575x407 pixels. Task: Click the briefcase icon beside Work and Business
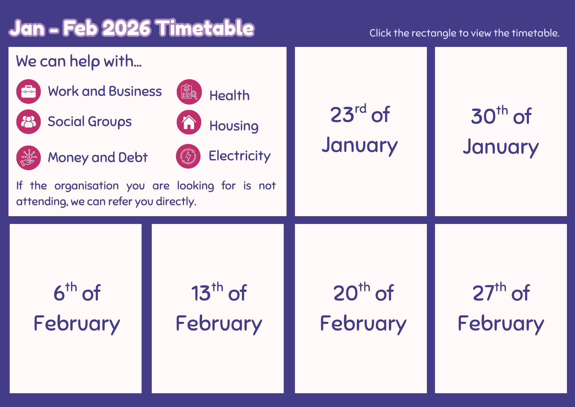(28, 92)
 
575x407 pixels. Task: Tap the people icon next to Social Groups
(28, 121)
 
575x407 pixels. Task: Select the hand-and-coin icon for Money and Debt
(28, 158)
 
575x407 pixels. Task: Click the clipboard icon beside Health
(189, 92)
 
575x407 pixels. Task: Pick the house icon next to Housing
(189, 122)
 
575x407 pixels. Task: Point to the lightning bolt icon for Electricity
(188, 156)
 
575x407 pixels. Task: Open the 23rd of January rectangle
(361, 132)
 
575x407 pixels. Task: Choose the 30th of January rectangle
(501, 132)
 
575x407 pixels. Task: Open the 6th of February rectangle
(76, 309)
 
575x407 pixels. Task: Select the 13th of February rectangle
(218, 309)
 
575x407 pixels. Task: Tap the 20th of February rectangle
(361, 309)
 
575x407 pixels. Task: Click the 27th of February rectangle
(501, 309)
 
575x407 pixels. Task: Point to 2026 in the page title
(126, 28)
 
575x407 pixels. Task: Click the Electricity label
(239, 156)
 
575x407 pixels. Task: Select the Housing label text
(234, 126)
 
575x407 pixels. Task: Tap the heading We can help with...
(79, 62)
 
